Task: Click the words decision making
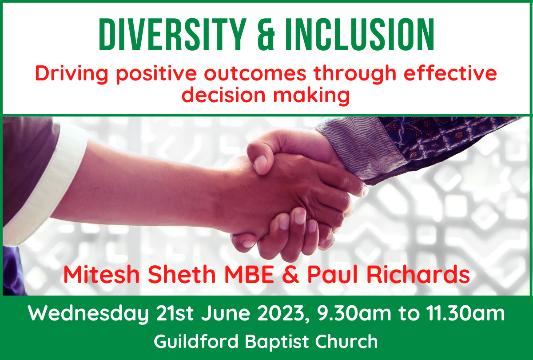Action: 266,95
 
